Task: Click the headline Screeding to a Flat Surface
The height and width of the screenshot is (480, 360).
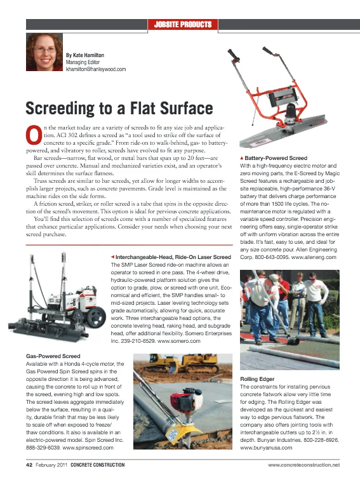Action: tap(118, 106)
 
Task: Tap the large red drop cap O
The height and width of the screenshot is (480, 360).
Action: tap(33, 135)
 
